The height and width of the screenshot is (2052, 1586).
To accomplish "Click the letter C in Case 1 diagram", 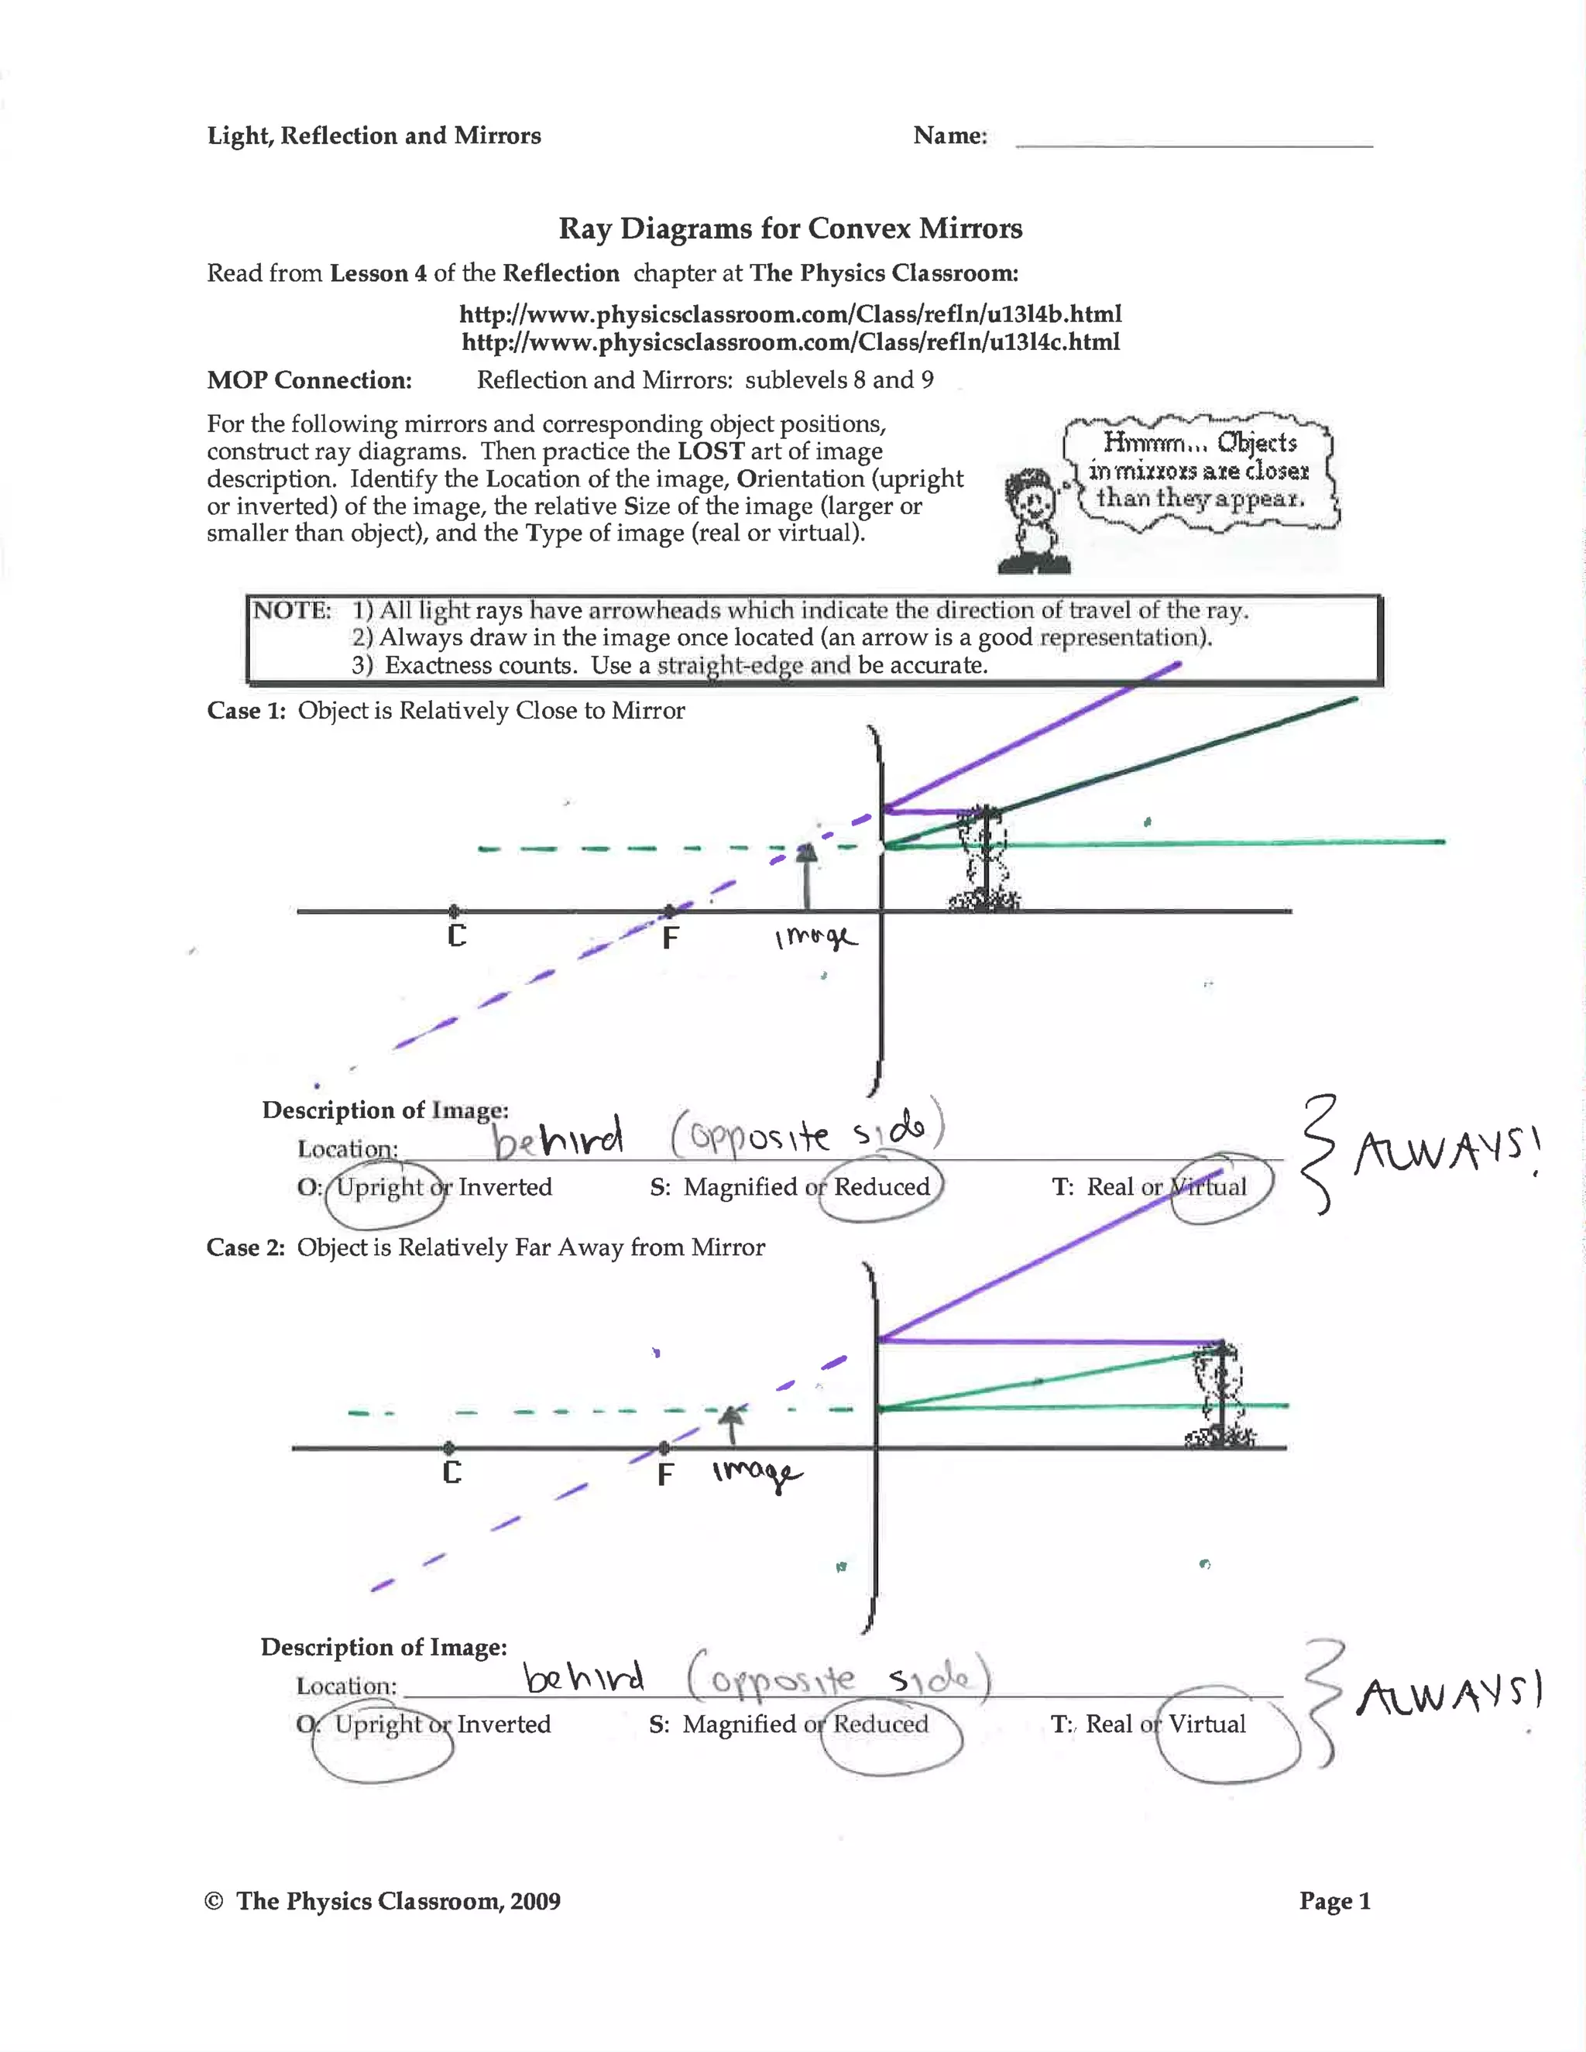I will pos(457,936).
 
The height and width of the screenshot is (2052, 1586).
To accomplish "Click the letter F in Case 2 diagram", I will pos(665,1474).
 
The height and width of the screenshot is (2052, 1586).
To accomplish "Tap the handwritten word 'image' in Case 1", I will pos(815,938).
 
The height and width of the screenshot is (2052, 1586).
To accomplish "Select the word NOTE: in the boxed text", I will pos(292,611).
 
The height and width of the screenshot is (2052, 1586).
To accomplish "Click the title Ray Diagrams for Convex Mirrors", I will pos(790,228).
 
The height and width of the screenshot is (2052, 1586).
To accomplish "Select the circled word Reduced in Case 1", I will pos(881,1186).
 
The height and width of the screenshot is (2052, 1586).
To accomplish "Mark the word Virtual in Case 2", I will pos(1207,1724).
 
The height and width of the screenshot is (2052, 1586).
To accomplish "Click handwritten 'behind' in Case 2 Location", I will pos(583,1676).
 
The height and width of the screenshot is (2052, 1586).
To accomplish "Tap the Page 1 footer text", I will pos(1334,1901).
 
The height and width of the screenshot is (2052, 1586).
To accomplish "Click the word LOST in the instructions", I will pos(710,451).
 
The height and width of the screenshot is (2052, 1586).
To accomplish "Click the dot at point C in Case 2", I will pos(449,1448).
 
